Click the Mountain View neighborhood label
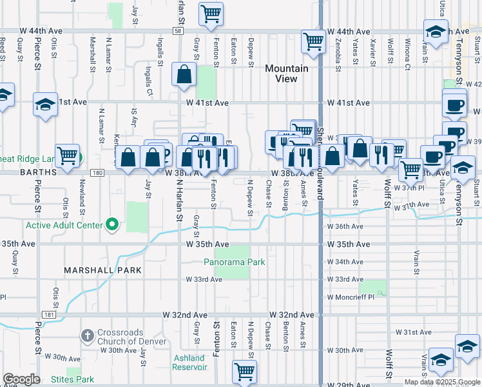(x=286, y=74)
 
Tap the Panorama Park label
(x=235, y=263)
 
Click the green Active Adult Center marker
(x=112, y=225)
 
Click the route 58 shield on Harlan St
(x=177, y=30)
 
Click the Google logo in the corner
(x=22, y=380)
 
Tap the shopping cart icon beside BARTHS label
(x=68, y=155)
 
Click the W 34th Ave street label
(x=345, y=262)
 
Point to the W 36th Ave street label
(x=345, y=227)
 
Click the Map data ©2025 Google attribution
(x=441, y=382)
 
